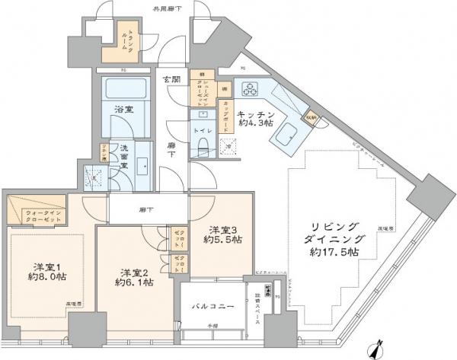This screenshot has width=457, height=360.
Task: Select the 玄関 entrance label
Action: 170,78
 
